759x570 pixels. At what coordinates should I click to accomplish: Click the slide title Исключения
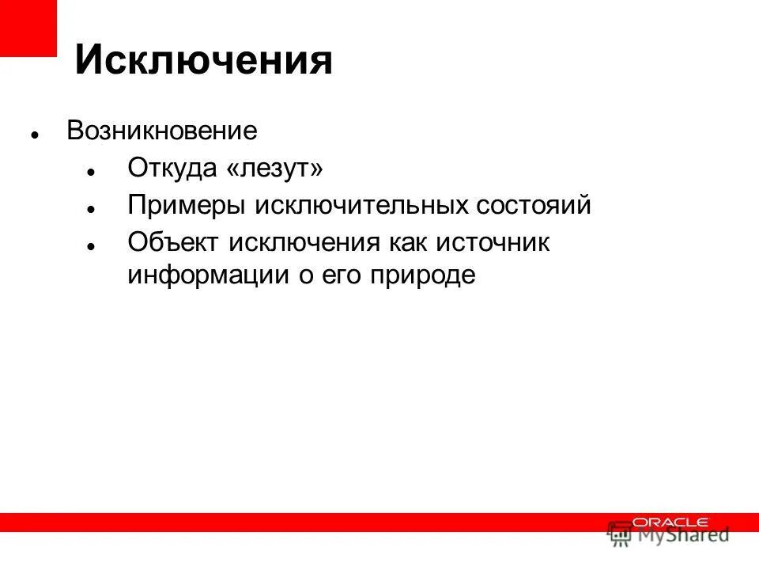pos(203,61)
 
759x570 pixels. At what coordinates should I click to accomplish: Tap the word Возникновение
pos(162,131)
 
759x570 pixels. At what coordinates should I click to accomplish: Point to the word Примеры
pos(186,206)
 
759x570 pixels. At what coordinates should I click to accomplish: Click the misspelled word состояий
pos(534,206)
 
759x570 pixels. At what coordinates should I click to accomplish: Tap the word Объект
pos(174,243)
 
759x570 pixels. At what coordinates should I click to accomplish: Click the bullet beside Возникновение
pos(35,134)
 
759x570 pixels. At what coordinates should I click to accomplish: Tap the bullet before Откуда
pos(92,171)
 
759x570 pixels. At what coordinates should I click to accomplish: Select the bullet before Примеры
pos(92,209)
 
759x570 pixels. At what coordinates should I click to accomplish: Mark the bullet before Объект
pos(92,246)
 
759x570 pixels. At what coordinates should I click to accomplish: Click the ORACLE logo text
pos(670,522)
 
